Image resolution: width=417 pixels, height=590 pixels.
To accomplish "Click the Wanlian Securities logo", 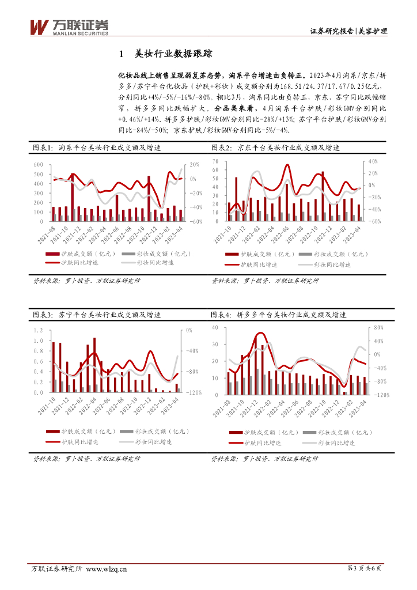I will (x=69, y=27).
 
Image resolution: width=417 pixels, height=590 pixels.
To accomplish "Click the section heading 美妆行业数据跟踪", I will (x=173, y=54).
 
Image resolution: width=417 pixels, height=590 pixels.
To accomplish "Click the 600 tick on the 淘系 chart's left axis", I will (x=39, y=165).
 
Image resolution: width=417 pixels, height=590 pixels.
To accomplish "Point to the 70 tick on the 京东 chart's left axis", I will (x=215, y=161).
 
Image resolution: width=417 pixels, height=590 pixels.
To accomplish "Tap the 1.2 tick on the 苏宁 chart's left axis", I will (x=39, y=330).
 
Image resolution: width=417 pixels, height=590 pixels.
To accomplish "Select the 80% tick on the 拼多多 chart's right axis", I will (x=379, y=327).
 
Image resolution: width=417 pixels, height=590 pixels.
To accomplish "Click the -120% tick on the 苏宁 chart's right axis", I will (x=194, y=392).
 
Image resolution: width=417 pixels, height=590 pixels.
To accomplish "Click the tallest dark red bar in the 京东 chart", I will (x=323, y=196).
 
